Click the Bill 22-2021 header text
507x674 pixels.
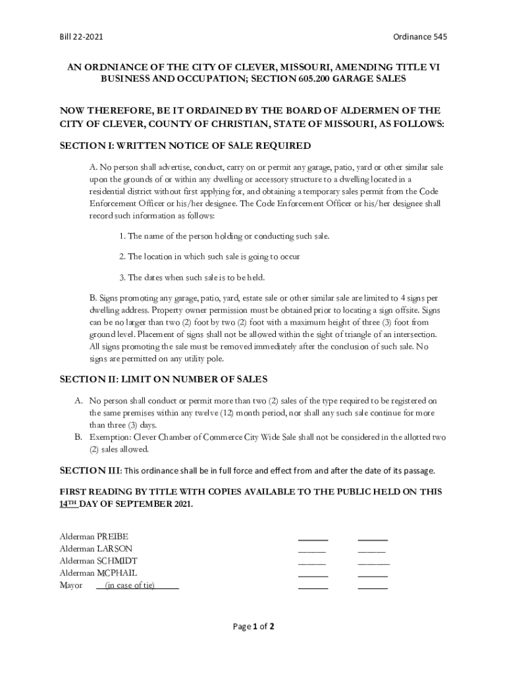tap(80, 38)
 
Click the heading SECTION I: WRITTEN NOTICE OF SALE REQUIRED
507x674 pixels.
tap(185, 145)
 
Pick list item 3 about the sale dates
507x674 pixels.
tap(192, 277)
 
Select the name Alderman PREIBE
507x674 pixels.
tap(93, 536)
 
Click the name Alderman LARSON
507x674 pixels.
tap(95, 548)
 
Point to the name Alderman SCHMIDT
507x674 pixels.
tap(98, 561)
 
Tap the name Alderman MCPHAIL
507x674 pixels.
tap(98, 573)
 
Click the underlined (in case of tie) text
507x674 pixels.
tap(130, 585)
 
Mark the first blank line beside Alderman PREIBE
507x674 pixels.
tap(313, 539)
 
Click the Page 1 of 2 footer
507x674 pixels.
tap(254, 627)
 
